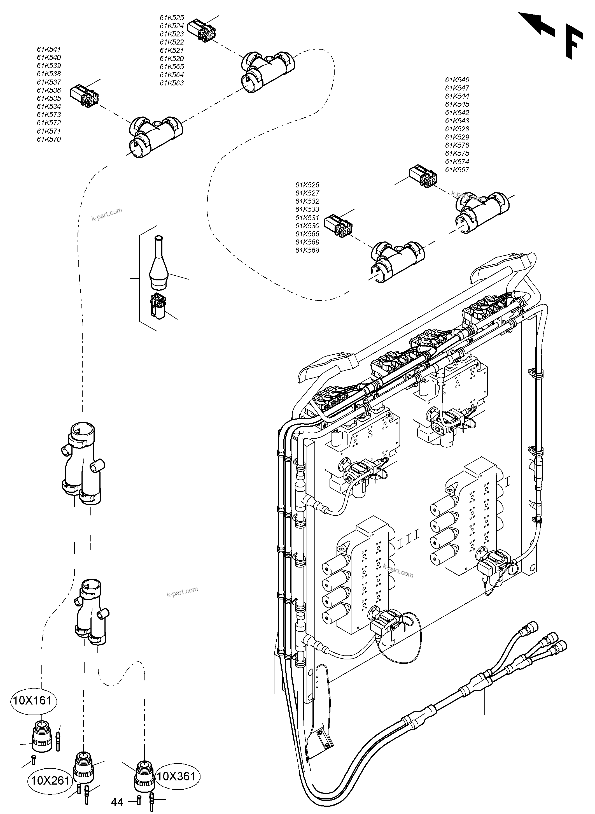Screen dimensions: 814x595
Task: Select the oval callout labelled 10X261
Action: click(x=50, y=780)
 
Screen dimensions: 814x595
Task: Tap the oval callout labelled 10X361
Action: click(x=176, y=776)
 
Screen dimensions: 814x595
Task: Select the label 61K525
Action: click(x=172, y=18)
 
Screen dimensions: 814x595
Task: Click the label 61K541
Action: click(x=49, y=49)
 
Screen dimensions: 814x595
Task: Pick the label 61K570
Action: click(x=49, y=139)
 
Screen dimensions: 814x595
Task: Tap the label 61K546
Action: click(x=457, y=80)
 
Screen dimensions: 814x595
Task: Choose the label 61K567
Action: click(x=457, y=170)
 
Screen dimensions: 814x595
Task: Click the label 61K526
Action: click(x=307, y=185)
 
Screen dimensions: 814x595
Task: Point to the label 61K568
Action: click(x=307, y=250)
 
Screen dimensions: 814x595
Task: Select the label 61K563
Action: click(x=172, y=83)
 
